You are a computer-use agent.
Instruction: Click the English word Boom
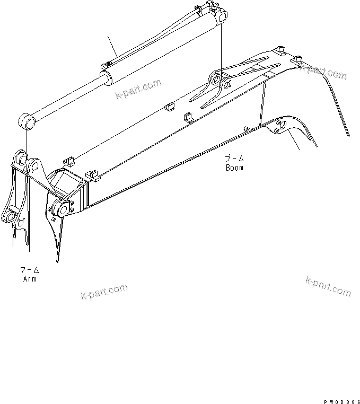click(234, 168)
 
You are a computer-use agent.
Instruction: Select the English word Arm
click(29, 279)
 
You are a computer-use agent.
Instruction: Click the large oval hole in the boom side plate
click(282, 124)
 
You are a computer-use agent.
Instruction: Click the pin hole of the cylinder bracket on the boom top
click(216, 80)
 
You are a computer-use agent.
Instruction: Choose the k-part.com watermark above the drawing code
click(328, 286)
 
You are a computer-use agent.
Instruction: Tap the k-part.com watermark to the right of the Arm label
click(104, 291)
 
